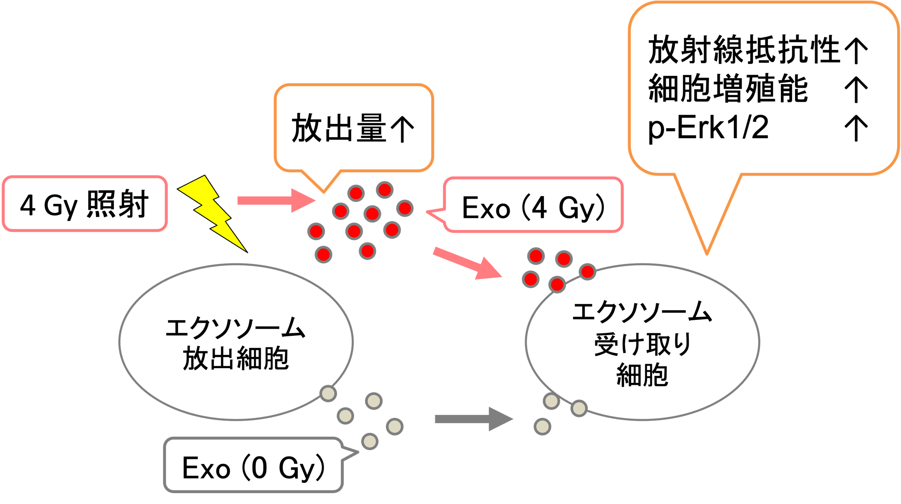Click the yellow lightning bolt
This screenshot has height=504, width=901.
[211, 211]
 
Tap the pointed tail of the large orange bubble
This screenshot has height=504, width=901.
[707, 241]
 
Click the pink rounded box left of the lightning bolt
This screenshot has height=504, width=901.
[85, 203]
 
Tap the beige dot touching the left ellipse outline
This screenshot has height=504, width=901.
[328, 393]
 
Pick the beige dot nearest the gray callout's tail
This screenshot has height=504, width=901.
[370, 442]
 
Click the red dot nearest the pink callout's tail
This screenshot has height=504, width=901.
[405, 208]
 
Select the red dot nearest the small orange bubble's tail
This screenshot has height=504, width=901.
[356, 193]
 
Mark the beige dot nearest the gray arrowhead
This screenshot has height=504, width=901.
[542, 427]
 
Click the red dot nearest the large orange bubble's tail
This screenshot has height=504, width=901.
[588, 272]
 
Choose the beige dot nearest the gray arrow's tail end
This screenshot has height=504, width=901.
[394, 427]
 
